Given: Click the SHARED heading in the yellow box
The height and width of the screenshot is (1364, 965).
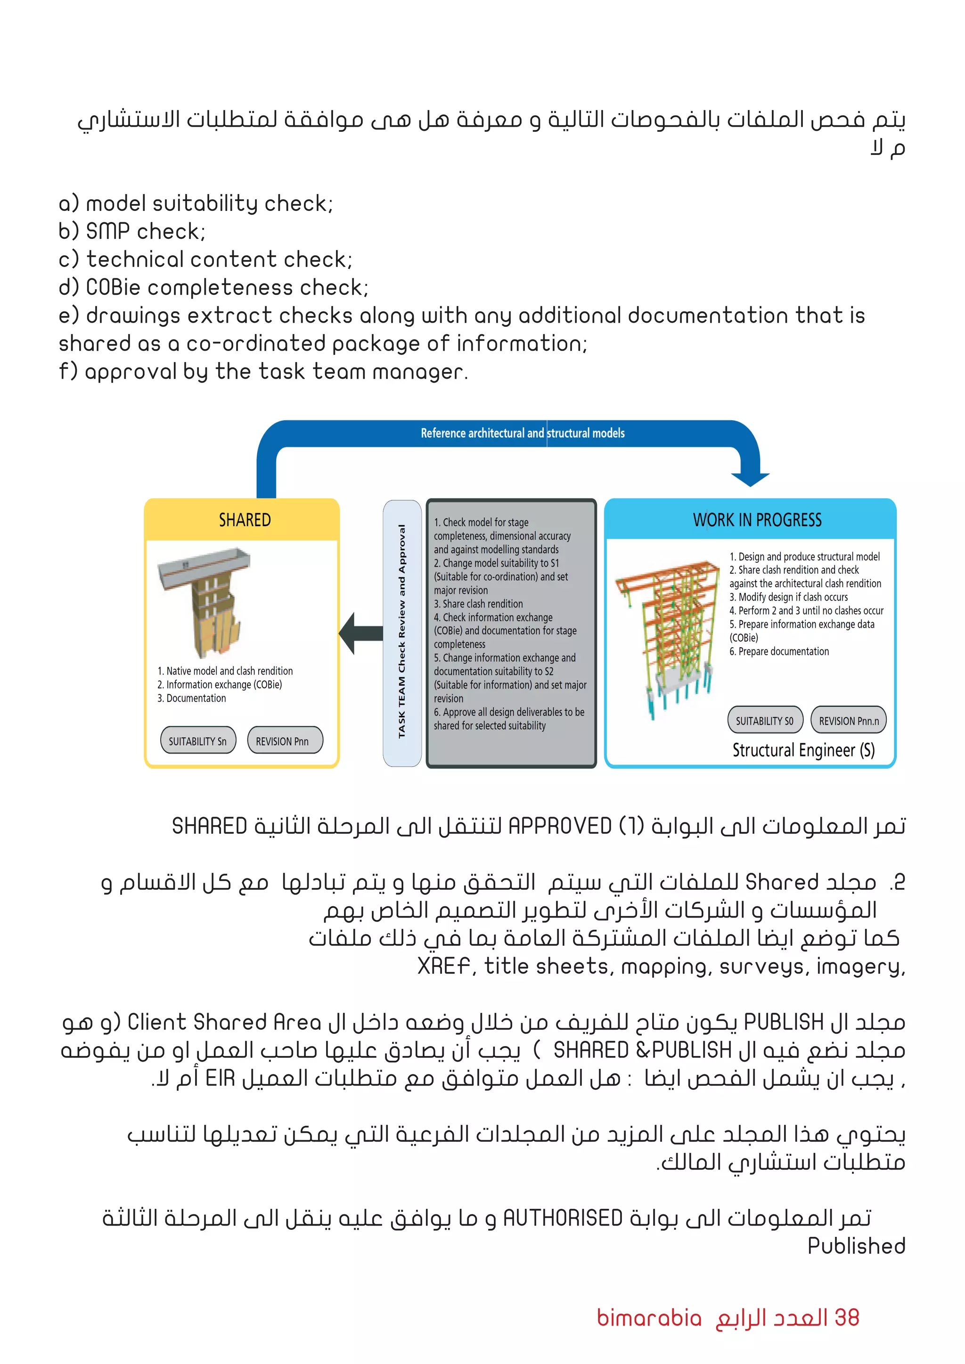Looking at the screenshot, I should pyautogui.click(x=244, y=520).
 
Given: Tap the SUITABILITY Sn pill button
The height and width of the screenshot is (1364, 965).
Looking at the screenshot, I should pyautogui.click(x=197, y=741).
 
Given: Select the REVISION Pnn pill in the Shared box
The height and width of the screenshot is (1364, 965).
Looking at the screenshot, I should pyautogui.click(x=283, y=741).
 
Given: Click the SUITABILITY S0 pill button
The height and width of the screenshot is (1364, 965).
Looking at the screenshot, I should pyautogui.click(x=764, y=721).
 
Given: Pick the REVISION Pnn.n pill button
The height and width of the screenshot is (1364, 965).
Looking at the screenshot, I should pyautogui.click(x=848, y=721).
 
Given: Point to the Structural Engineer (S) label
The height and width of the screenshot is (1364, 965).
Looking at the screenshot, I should pyautogui.click(x=803, y=750).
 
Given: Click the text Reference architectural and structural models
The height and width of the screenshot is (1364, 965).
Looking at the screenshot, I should pyautogui.click(x=522, y=433).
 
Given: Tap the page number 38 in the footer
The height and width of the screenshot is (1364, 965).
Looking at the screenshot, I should pyautogui.click(x=846, y=1317).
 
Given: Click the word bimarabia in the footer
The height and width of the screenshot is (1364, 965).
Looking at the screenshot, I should pyautogui.click(x=649, y=1318).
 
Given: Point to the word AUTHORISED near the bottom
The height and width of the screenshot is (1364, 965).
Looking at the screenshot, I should pyautogui.click(x=562, y=1218).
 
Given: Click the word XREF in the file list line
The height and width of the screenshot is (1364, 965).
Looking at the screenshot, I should pyautogui.click(x=443, y=966).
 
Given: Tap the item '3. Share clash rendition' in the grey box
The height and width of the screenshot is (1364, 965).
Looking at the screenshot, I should pyautogui.click(x=478, y=604).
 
